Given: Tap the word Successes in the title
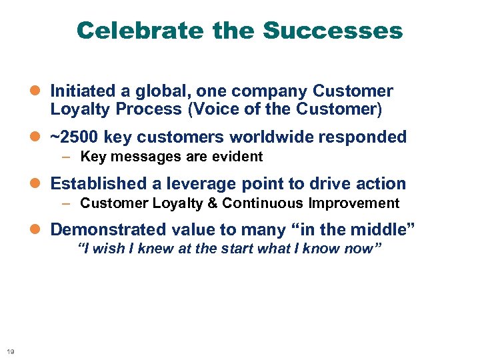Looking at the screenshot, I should (x=333, y=31).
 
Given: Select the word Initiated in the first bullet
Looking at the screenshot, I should (x=79, y=91).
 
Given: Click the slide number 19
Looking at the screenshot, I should (x=10, y=351).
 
